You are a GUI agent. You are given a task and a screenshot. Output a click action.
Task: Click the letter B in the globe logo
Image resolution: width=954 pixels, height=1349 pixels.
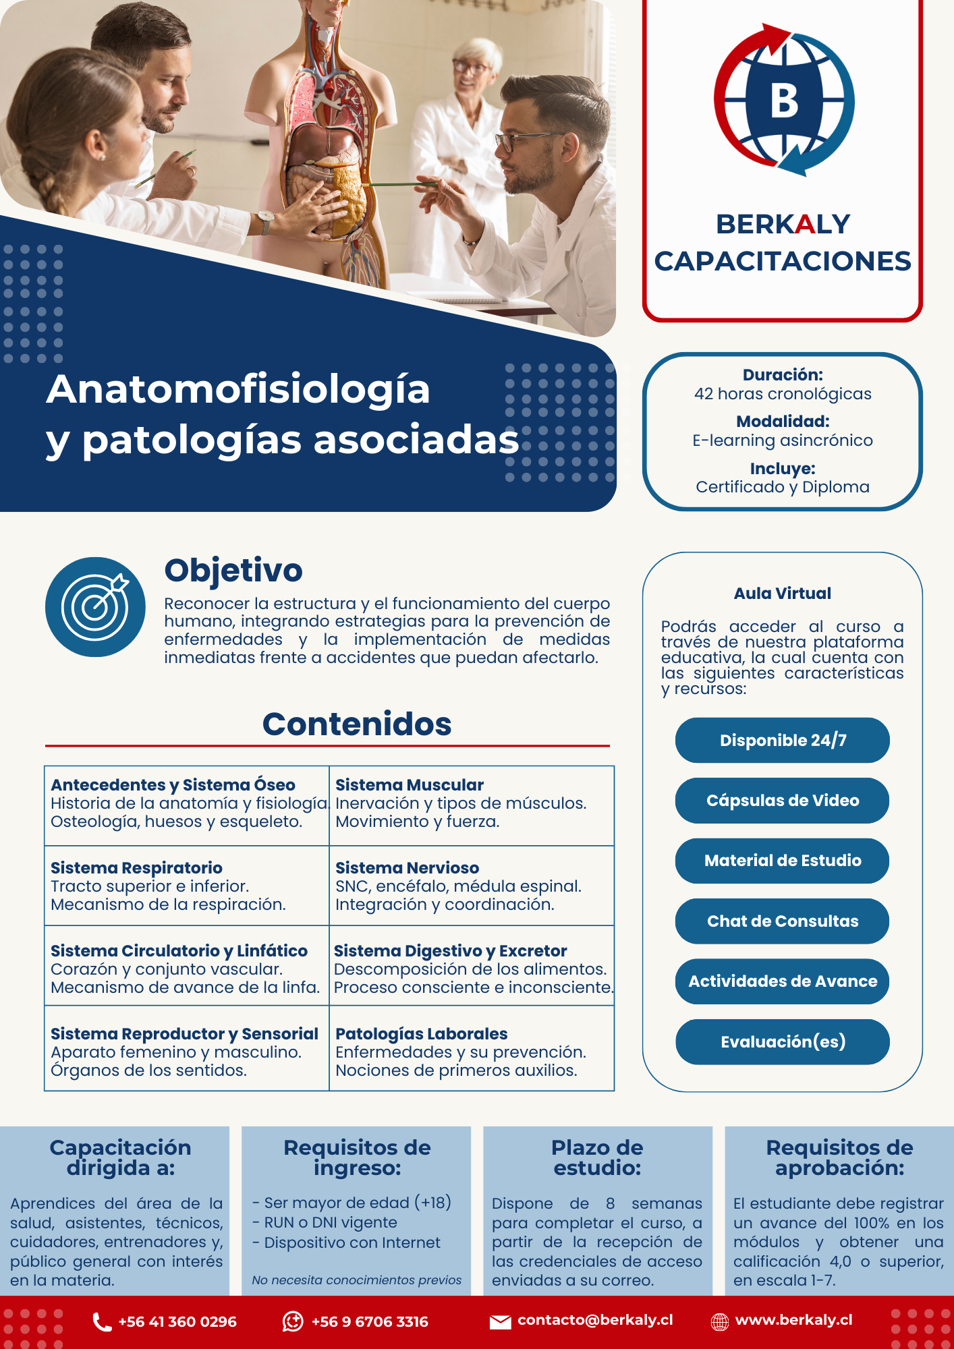click(x=784, y=101)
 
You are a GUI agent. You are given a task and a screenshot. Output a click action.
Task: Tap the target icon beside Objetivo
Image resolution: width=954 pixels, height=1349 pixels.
click(x=95, y=606)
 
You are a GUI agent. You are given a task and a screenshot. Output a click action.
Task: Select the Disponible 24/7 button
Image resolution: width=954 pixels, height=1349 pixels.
click(x=783, y=740)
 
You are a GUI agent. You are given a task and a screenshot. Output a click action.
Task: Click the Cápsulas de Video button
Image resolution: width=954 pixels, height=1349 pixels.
click(x=783, y=801)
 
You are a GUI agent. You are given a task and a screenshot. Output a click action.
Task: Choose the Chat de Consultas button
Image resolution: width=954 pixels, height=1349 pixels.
click(x=783, y=921)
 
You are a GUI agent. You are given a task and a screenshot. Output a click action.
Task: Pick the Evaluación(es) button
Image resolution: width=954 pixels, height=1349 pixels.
click(x=783, y=1041)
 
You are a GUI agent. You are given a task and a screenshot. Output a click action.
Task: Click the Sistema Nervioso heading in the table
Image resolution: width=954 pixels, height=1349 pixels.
click(x=407, y=868)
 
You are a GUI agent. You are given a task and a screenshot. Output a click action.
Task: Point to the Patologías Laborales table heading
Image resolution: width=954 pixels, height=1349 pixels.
click(x=421, y=1033)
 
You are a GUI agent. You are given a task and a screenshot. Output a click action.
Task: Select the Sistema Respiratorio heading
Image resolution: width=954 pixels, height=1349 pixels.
click(x=136, y=868)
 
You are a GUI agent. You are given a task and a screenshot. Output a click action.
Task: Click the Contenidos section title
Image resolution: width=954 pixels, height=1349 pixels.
click(x=357, y=724)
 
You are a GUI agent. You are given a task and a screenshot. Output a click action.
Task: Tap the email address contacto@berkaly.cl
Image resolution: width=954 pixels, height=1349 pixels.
click(x=595, y=1320)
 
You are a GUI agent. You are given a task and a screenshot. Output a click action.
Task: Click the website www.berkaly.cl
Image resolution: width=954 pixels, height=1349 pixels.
click(x=793, y=1320)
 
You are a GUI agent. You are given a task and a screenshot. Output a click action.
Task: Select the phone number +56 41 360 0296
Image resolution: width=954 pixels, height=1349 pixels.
click(x=177, y=1321)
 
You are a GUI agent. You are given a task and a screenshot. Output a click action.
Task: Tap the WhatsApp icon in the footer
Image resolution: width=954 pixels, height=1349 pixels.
click(x=293, y=1321)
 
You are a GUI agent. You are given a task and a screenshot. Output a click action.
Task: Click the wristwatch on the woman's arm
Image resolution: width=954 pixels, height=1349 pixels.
click(x=266, y=220)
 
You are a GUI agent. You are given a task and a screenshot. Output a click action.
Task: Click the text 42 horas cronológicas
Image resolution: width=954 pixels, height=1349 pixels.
click(x=783, y=394)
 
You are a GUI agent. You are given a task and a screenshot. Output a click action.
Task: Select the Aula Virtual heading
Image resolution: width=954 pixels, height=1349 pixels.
click(x=783, y=594)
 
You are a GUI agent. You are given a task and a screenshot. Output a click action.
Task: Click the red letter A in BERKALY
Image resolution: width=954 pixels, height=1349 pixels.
click(x=805, y=224)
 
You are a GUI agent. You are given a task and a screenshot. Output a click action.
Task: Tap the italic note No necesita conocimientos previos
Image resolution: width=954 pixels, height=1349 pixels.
click(x=356, y=1280)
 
